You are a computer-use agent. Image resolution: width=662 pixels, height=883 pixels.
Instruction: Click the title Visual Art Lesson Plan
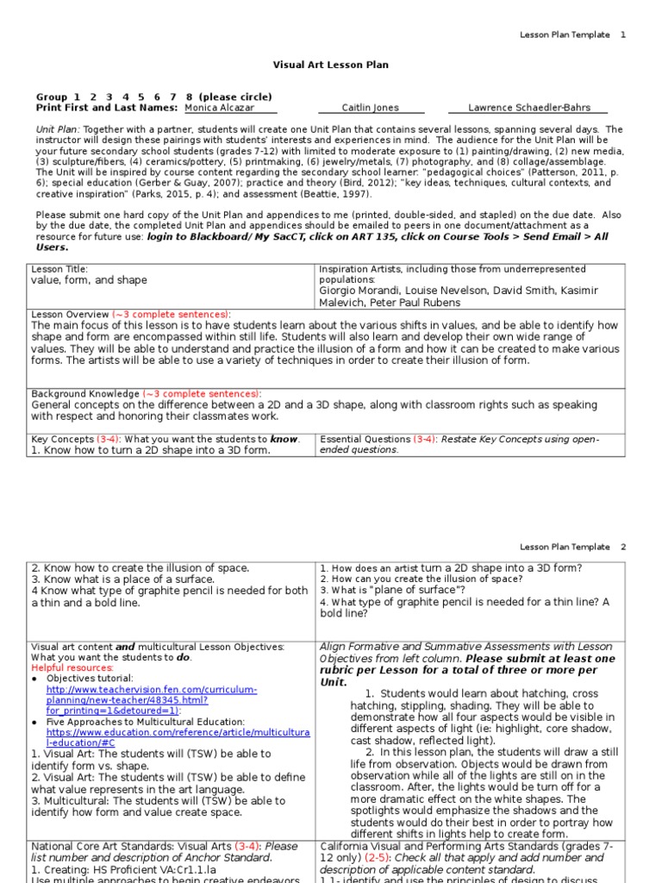click(331, 65)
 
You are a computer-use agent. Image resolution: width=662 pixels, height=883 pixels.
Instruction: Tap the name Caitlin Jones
click(371, 109)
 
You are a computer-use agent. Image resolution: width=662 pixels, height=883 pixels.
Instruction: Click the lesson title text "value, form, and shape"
click(89, 280)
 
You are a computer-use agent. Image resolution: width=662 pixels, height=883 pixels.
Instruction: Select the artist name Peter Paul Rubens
click(410, 303)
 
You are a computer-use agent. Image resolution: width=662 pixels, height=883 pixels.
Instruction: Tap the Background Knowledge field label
click(85, 392)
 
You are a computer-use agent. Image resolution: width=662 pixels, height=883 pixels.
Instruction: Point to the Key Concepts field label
click(61, 439)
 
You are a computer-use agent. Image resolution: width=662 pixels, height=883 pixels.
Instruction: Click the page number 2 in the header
click(623, 547)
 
